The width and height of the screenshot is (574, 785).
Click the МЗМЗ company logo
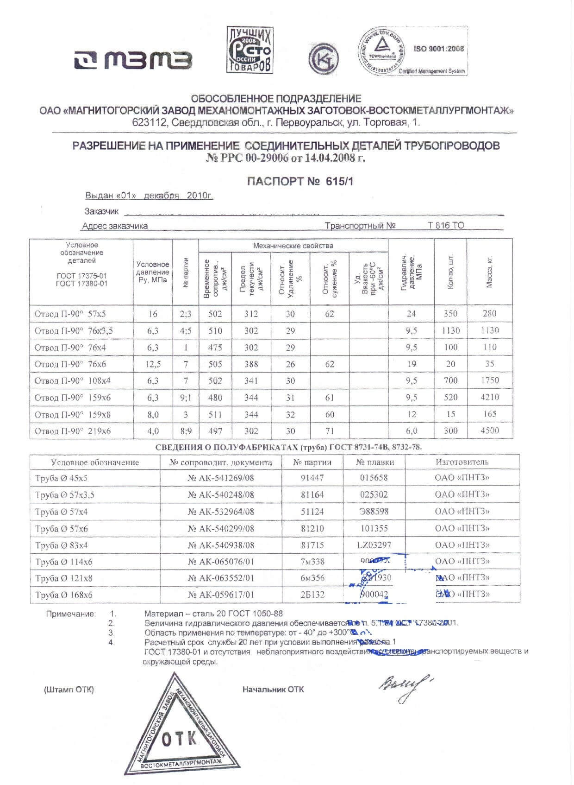click(x=133, y=60)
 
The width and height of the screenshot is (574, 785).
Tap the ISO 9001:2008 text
click(x=438, y=49)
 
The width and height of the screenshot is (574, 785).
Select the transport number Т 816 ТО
click(x=445, y=226)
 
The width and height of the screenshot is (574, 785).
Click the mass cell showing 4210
click(x=489, y=397)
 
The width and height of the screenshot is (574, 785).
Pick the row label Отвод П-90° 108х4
click(x=73, y=381)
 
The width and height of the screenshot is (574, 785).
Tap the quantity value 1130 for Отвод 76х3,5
click(x=450, y=330)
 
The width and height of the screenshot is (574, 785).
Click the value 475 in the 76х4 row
click(x=215, y=347)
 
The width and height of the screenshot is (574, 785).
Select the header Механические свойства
click(x=293, y=246)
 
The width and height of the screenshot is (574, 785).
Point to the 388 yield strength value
click(x=251, y=364)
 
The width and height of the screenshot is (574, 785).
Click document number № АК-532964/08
click(x=221, y=512)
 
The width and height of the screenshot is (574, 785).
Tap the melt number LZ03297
click(x=374, y=545)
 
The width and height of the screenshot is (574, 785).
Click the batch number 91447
click(x=312, y=478)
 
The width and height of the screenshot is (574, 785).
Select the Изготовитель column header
click(x=462, y=462)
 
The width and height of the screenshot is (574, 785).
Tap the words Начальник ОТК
click(x=273, y=690)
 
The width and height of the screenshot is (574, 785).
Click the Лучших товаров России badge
click(x=250, y=50)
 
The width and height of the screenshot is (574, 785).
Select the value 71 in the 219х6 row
click(x=329, y=431)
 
